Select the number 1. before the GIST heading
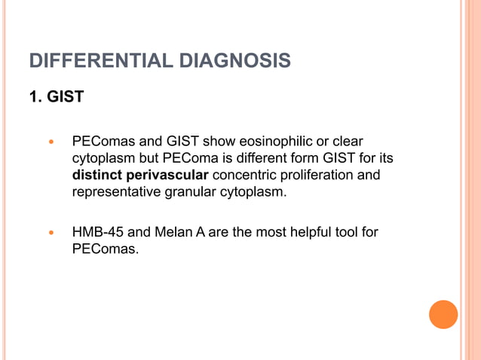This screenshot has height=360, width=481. (x=35, y=98)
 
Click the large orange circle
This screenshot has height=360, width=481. (x=443, y=314)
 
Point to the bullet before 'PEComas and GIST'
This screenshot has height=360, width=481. (x=51, y=142)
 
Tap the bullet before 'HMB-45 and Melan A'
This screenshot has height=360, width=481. (x=51, y=233)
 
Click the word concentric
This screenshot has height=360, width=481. (x=245, y=175)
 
